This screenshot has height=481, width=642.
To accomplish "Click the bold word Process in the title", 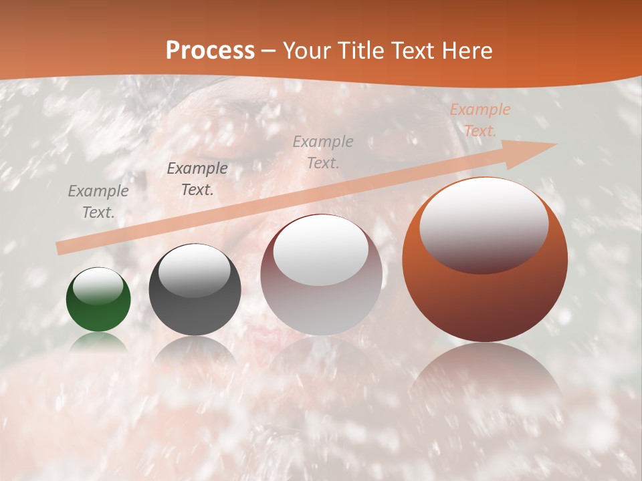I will pyautogui.click(x=210, y=51).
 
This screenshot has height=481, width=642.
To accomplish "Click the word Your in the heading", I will pyautogui.click(x=305, y=51).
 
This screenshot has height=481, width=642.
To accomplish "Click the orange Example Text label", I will pyautogui.click(x=479, y=120).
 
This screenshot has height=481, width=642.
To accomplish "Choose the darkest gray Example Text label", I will pyautogui.click(x=197, y=179).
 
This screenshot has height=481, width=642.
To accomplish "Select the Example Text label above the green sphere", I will pyautogui.click(x=98, y=202).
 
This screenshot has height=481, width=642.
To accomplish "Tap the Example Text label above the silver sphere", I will pyautogui.click(x=323, y=152).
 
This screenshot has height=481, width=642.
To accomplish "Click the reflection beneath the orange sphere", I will pyautogui.click(x=485, y=374).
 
